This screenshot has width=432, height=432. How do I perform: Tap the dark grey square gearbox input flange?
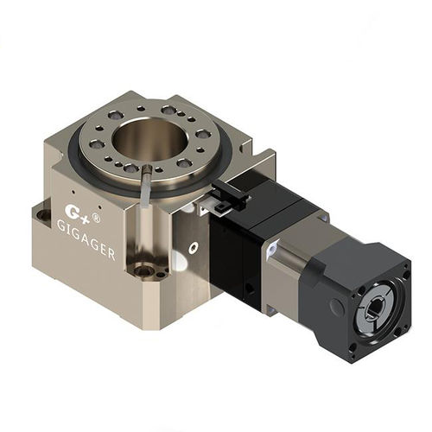pos(363,294)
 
